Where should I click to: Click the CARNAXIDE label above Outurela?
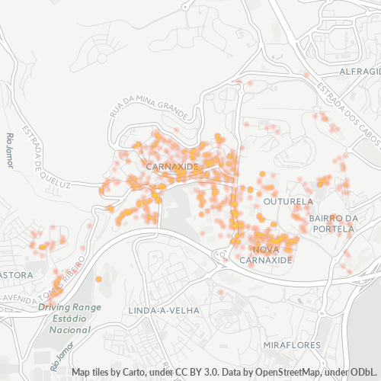[x=171, y=165]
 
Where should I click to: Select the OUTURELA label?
[x=288, y=202]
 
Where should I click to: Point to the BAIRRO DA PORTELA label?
[x=333, y=223]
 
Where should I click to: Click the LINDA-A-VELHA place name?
[x=164, y=311]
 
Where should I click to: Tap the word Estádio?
[x=70, y=319]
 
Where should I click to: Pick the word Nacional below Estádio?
[x=70, y=330]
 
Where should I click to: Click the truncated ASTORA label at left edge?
[x=16, y=274]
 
